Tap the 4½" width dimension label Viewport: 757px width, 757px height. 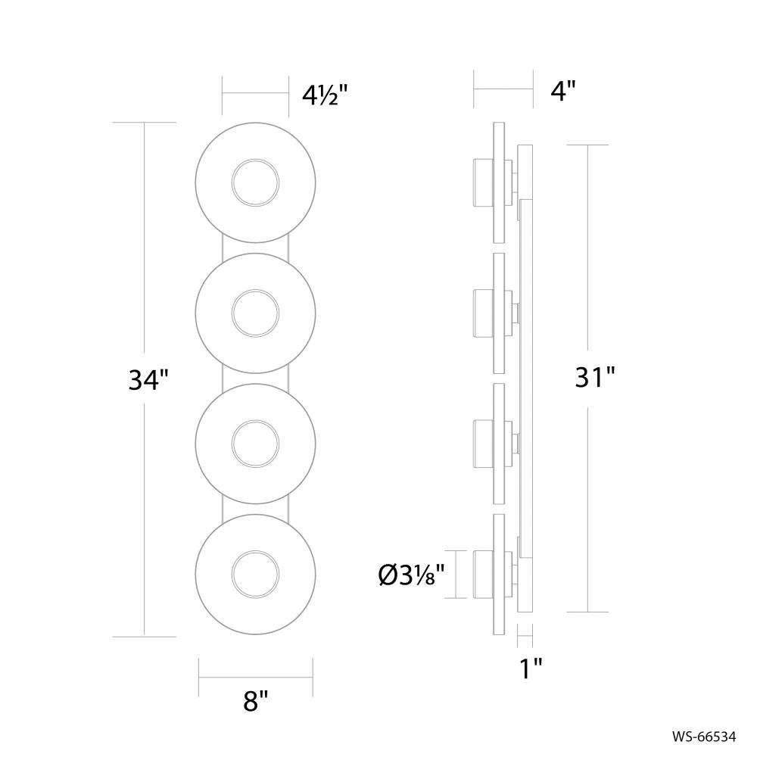(325, 95)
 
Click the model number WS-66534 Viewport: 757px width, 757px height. (704, 735)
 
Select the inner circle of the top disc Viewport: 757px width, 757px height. (255, 183)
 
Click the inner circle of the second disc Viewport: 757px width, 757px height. (255, 313)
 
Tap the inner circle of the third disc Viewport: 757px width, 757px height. (255, 443)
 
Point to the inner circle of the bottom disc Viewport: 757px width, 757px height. (255, 573)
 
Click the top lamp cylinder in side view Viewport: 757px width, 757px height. (482, 182)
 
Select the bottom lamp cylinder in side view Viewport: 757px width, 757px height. (482, 574)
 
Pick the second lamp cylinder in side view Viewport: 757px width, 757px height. (482, 313)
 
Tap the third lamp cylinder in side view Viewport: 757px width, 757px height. (482, 443)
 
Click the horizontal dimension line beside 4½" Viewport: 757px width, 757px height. (255, 94)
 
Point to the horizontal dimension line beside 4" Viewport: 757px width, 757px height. (503, 89)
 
